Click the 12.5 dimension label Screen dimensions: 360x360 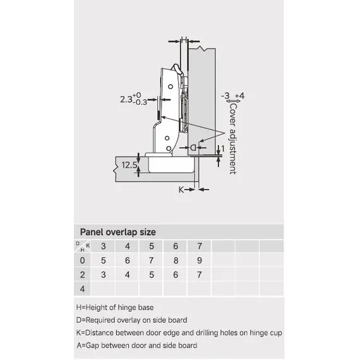pyautogui.click(x=129, y=165)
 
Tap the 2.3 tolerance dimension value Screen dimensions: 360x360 pyautogui.click(x=133, y=99)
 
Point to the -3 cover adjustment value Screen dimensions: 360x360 pyautogui.click(x=225, y=95)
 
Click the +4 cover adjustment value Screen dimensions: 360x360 pyautogui.click(x=240, y=95)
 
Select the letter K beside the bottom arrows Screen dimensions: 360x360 pyautogui.click(x=181, y=189)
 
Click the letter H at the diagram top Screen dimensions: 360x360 pyautogui.click(x=184, y=39)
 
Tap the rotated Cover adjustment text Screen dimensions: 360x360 pyautogui.click(x=233, y=139)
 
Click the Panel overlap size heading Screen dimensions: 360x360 pyautogui.click(x=117, y=232)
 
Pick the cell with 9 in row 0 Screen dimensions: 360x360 pyautogui.click(x=200, y=260)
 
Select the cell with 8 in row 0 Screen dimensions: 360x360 pyautogui.click(x=176, y=260)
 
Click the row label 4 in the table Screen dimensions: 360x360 pyautogui.click(x=83, y=289)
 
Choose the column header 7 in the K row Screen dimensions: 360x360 pyautogui.click(x=200, y=246)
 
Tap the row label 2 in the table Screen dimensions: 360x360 pyautogui.click(x=83, y=275)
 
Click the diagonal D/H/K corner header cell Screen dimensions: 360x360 pyautogui.click(x=83, y=246)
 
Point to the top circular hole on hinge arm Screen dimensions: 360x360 pyautogui.click(x=171, y=87)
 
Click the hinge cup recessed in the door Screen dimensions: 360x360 pyautogui.click(x=171, y=165)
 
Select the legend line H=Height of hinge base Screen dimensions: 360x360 pyautogui.click(x=115, y=308)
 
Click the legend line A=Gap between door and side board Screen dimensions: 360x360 pyautogui.click(x=137, y=345)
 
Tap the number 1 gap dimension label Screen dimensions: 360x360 pyautogui.click(x=223, y=148)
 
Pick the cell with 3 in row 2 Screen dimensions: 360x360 pyautogui.click(x=104, y=275)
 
